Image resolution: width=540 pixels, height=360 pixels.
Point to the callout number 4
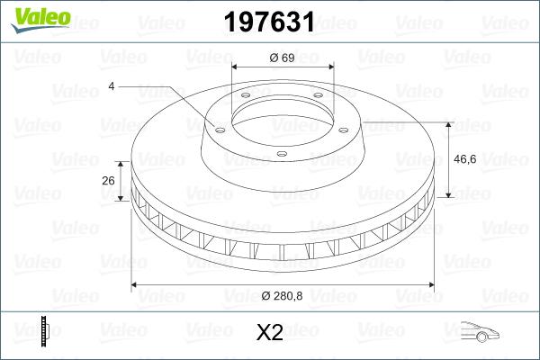pos(111,85)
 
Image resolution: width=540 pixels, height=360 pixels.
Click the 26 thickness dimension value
pos(109,180)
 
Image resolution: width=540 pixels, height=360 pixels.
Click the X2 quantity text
pos(270,333)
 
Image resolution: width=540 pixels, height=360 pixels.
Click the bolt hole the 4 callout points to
pos(219,127)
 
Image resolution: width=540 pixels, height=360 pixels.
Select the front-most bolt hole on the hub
pos(281,155)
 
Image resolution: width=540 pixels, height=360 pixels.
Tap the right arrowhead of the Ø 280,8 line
pos(433,285)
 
